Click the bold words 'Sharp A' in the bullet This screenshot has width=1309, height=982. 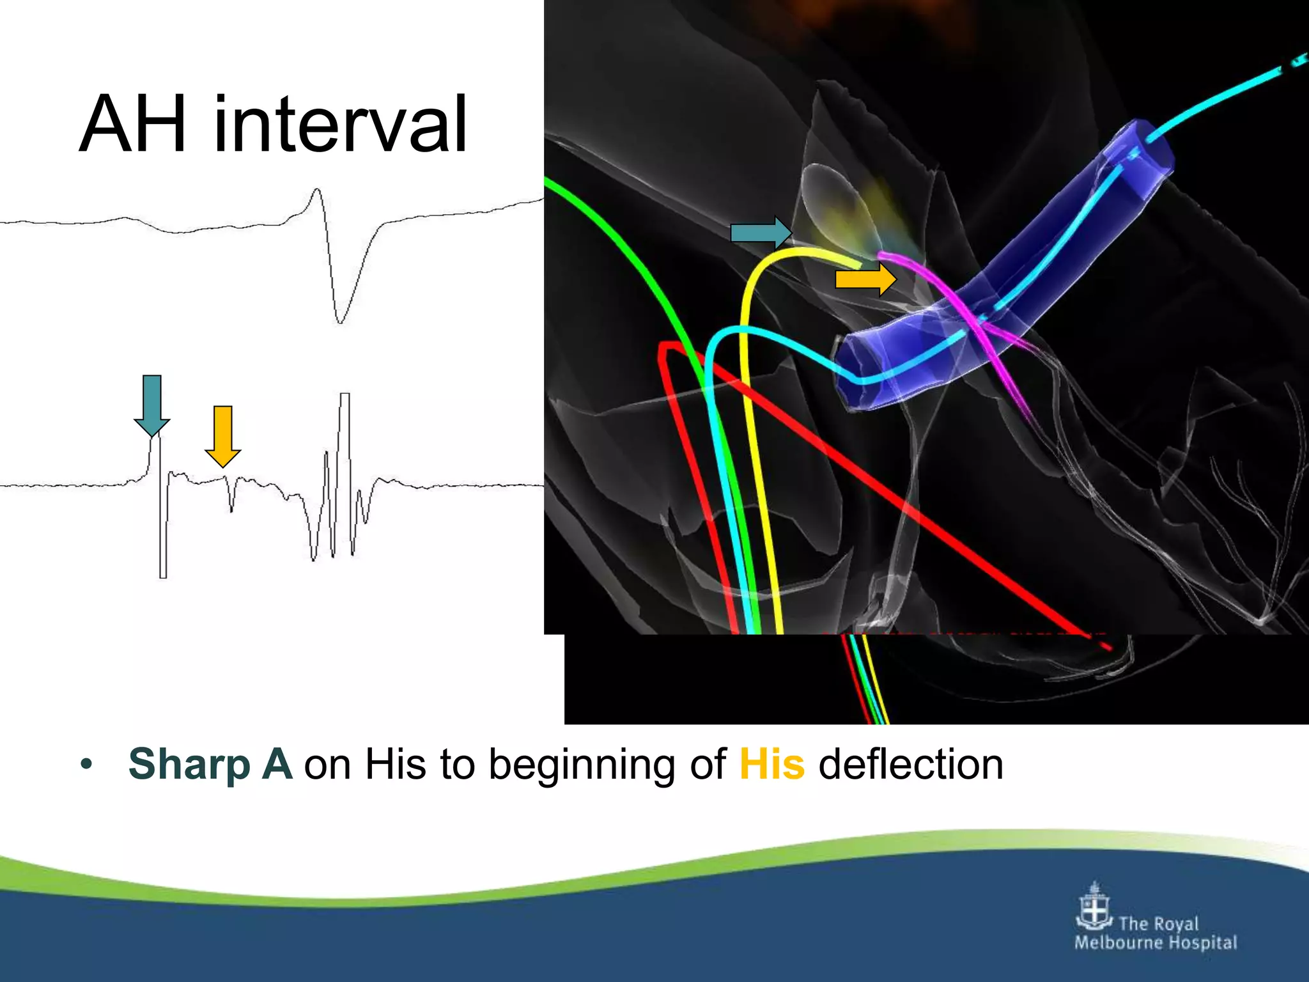point(210,764)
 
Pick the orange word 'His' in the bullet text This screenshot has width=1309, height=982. point(771,764)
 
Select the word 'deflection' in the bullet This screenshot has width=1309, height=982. point(911,764)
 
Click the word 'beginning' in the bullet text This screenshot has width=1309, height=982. point(581,764)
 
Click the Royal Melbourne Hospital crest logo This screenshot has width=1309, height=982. point(1094,907)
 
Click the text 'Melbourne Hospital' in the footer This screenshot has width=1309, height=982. point(1156,943)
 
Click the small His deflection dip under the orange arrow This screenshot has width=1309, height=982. point(231,505)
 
